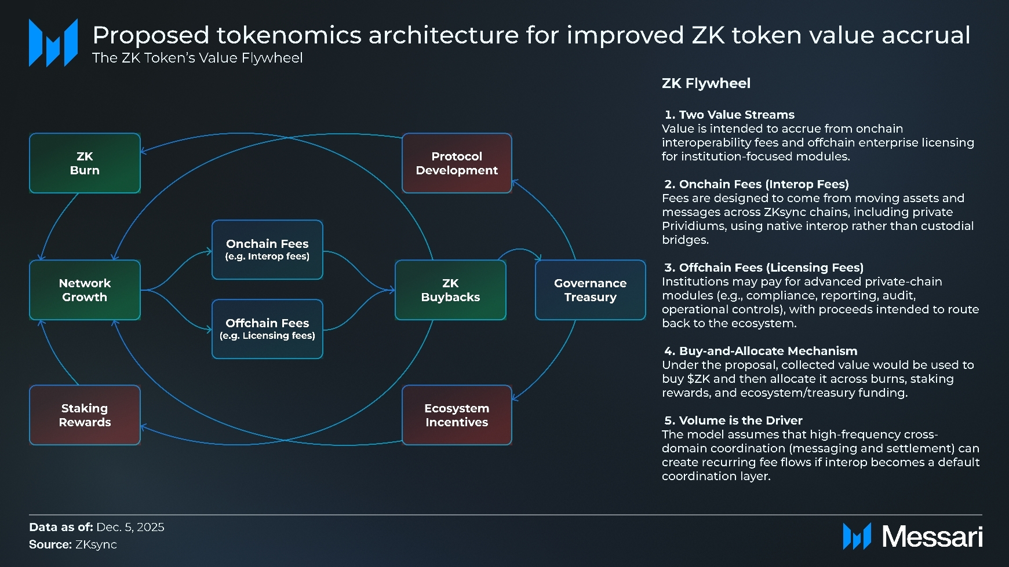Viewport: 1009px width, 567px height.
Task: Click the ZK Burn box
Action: (x=85, y=163)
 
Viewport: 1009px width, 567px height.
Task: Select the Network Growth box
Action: (x=85, y=290)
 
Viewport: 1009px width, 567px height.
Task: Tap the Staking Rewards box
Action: (x=85, y=415)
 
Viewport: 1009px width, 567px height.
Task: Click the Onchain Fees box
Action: (x=267, y=250)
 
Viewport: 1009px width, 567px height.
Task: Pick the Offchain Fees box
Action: (x=267, y=329)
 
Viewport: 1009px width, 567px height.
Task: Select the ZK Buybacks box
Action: (x=450, y=290)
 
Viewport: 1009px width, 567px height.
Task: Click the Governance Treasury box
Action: (x=590, y=290)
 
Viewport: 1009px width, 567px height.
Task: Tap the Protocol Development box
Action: (x=457, y=163)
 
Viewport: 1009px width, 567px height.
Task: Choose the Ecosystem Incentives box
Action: (x=457, y=415)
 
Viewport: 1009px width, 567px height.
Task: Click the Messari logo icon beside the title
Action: (x=53, y=43)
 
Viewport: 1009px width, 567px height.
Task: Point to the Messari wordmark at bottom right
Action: (x=931, y=537)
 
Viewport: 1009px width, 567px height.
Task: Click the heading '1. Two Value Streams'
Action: (x=729, y=115)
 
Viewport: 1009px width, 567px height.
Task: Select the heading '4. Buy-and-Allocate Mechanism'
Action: (x=760, y=351)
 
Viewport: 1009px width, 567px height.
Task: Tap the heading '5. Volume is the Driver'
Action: (x=733, y=420)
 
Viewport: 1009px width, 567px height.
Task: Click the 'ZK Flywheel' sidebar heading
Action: (x=706, y=83)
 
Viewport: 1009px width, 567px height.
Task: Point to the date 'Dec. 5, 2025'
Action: (x=130, y=527)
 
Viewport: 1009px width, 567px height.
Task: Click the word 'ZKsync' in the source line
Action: (x=96, y=544)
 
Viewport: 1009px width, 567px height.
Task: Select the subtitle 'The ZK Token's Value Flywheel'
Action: (x=197, y=58)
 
